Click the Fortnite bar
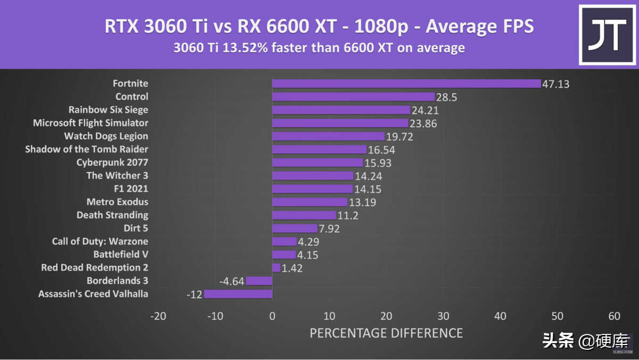point(406,84)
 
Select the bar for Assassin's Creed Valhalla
point(238,294)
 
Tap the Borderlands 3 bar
point(259,281)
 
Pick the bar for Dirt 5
point(294,228)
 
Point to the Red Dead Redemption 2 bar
point(276,268)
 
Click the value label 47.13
point(556,84)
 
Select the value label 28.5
point(447,97)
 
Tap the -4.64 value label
point(232,281)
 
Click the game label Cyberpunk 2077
point(112,162)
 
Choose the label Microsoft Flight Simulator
point(91,123)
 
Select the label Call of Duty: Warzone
point(100,241)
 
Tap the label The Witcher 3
point(117,175)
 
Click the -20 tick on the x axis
point(158,316)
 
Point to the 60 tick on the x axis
point(614,316)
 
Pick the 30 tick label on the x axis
point(443,316)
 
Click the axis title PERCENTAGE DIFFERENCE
point(386,333)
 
